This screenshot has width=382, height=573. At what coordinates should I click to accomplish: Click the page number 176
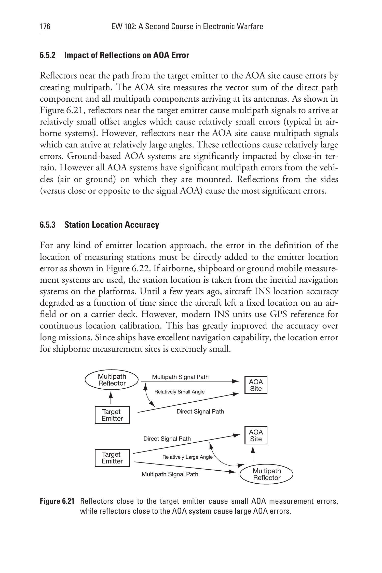(x=45, y=26)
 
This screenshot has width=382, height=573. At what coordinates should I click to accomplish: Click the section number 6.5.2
(x=48, y=55)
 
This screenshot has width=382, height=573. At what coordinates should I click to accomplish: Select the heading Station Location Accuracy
(x=112, y=225)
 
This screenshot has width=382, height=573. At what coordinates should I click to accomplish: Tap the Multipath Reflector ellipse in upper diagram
(x=112, y=380)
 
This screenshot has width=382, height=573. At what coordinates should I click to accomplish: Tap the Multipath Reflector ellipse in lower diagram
(x=266, y=474)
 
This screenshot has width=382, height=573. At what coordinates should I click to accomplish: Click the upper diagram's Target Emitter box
(x=112, y=415)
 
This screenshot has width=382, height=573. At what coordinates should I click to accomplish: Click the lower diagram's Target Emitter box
(x=112, y=457)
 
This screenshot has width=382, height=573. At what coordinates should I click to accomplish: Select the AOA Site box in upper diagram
(x=256, y=385)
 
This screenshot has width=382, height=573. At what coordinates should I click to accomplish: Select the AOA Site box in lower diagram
(x=256, y=435)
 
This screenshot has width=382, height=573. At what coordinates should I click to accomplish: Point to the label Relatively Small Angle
(x=179, y=392)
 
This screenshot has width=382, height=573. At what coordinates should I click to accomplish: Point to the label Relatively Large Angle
(x=187, y=457)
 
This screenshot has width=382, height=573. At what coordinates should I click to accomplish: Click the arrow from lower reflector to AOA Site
(x=253, y=454)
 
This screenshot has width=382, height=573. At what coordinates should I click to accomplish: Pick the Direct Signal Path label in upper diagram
(x=200, y=411)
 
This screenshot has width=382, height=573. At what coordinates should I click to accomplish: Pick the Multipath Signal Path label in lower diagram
(x=170, y=474)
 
